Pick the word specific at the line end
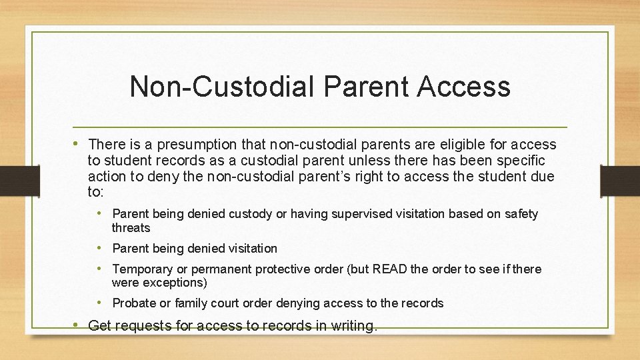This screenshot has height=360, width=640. pyautogui.click(x=521, y=161)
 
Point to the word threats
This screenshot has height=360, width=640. pyautogui.click(x=131, y=228)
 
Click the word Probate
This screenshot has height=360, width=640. pyautogui.click(x=134, y=304)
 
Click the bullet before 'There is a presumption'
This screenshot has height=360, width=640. pyautogui.click(x=78, y=144)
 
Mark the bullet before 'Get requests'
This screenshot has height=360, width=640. pyautogui.click(x=78, y=326)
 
